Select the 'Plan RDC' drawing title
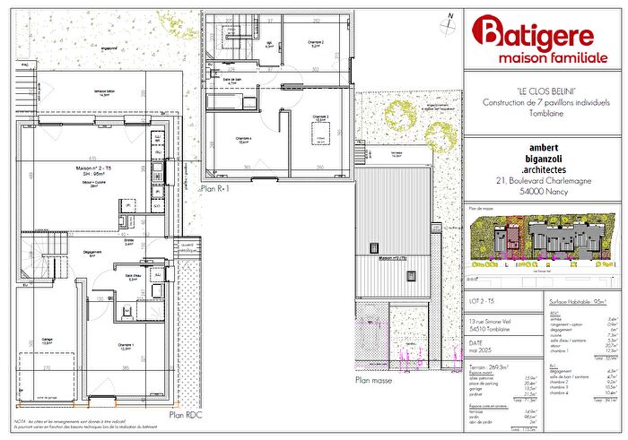pos(186,416)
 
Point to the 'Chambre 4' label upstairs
pos(243,138)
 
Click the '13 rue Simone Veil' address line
pos(490,319)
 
